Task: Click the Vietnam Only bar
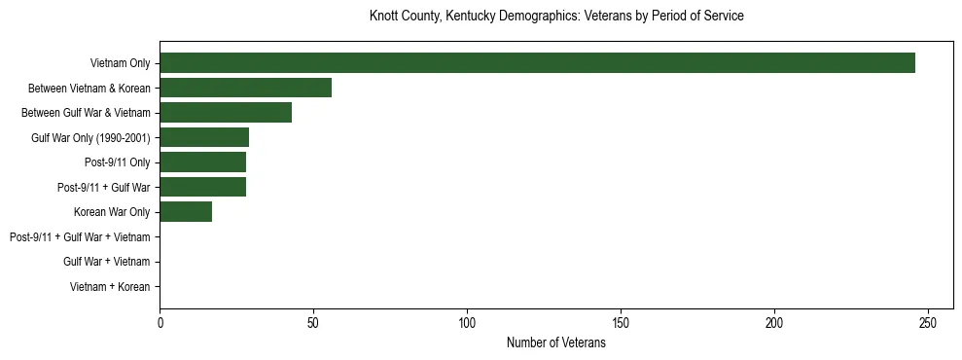click(537, 63)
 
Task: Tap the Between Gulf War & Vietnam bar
click(226, 113)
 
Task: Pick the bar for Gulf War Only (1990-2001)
click(204, 137)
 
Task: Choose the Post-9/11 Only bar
click(202, 162)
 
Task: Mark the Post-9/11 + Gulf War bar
click(202, 187)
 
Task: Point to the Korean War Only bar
click(186, 212)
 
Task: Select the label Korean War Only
click(112, 212)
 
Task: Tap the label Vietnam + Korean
click(110, 287)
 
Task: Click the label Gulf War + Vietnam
click(106, 262)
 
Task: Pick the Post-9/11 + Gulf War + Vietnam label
click(80, 237)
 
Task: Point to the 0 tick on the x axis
click(160, 322)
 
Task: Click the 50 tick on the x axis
click(313, 322)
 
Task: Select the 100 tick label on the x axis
click(467, 322)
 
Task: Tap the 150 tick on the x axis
click(621, 322)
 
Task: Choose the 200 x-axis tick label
click(774, 322)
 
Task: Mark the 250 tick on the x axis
click(928, 322)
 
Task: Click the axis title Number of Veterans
click(555, 343)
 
